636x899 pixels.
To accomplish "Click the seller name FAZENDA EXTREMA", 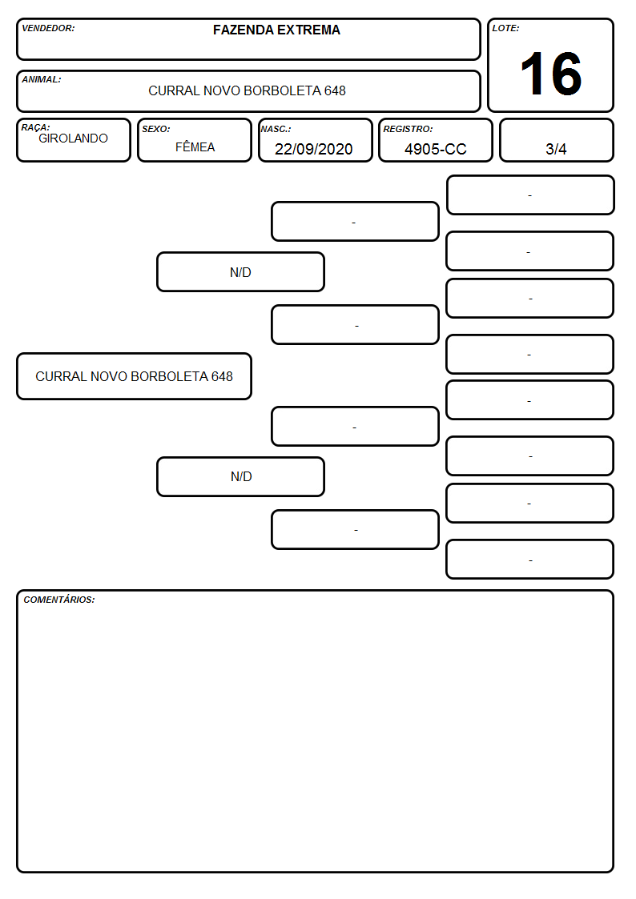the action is click(276, 30).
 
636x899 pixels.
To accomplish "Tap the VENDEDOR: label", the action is click(48, 28).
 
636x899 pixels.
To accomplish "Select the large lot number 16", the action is click(551, 74).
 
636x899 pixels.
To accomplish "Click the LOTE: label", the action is click(505, 28).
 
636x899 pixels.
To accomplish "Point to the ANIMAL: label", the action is click(42, 80).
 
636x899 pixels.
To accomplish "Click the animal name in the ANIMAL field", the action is click(248, 90).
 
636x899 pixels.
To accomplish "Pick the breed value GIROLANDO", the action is click(74, 138).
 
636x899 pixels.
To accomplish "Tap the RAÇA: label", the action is click(35, 127).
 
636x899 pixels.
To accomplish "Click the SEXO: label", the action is click(156, 130).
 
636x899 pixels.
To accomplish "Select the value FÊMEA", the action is click(195, 146).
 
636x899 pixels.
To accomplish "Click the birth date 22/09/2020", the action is click(314, 149).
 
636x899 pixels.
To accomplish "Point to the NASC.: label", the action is click(276, 130).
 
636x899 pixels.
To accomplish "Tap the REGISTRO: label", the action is click(408, 130).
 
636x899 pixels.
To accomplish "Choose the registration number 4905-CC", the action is click(435, 149).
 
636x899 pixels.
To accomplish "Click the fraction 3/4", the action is click(556, 149).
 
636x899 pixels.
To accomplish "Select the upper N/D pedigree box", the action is click(241, 272).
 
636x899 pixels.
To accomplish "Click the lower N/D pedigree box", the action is click(241, 476).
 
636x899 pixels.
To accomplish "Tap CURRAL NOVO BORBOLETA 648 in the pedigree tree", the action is click(135, 377).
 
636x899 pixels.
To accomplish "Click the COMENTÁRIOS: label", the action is click(59, 600).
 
